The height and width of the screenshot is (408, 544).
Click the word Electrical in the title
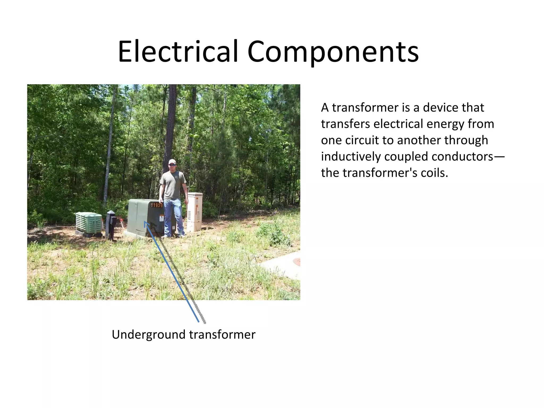point(178,52)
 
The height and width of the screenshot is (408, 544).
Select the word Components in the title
point(333,52)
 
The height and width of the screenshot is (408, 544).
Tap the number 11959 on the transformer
point(156,205)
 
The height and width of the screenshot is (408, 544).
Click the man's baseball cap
point(172,161)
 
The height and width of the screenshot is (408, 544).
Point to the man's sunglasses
point(172,165)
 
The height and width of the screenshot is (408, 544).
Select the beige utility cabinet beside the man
point(195,212)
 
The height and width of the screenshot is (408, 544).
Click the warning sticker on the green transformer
point(161,218)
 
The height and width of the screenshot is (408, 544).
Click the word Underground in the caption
point(149,335)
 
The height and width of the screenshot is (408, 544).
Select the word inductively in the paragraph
point(351,157)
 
